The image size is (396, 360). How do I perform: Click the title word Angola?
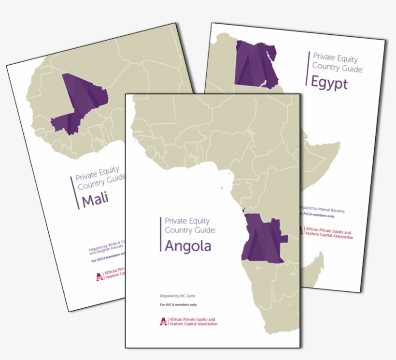click(188, 246)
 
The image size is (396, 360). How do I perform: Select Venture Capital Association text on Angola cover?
click(192, 324)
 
